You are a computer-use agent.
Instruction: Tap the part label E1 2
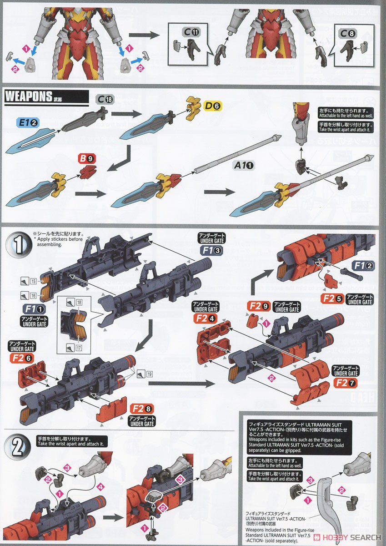coord(28,122)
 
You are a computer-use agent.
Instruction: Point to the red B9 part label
coord(86,159)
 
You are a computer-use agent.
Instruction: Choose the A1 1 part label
coord(244,167)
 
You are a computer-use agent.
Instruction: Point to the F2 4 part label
coord(207,318)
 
